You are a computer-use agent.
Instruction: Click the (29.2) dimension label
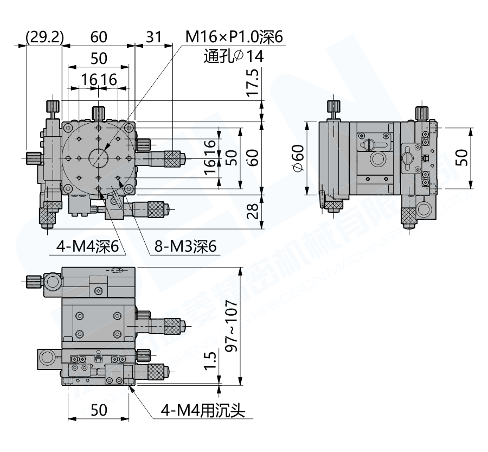(44, 37)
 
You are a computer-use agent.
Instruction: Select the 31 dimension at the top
(153, 37)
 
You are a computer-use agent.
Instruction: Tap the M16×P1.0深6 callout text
(234, 37)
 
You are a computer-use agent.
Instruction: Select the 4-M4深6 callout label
(87, 247)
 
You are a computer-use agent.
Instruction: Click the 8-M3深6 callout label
(185, 247)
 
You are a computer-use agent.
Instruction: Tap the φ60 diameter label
(298, 159)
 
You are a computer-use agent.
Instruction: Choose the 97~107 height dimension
(231, 325)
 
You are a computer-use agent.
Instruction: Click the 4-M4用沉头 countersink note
(202, 411)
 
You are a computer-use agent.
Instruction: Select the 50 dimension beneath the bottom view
(99, 411)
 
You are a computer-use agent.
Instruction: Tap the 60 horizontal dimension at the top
(99, 37)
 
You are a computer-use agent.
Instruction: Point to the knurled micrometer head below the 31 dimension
(173, 158)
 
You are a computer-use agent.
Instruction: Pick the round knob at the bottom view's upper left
(53, 281)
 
